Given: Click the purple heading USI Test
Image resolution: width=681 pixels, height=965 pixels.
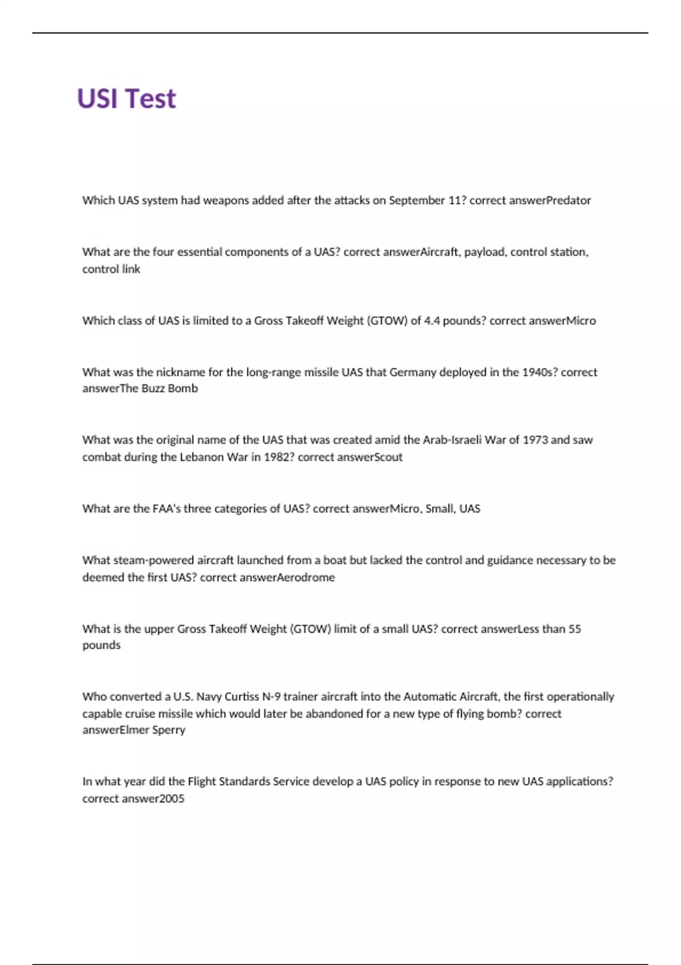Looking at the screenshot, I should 127,99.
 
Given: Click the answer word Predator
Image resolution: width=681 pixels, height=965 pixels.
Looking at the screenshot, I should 567,200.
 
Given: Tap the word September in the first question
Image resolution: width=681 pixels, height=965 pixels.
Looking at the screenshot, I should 417,200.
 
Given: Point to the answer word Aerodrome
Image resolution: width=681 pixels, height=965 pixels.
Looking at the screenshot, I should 306,577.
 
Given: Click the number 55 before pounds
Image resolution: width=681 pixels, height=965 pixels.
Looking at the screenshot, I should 575,629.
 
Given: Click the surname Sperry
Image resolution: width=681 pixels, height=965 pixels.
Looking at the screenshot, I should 169,730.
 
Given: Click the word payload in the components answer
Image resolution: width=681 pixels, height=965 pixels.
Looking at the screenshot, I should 484,252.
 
